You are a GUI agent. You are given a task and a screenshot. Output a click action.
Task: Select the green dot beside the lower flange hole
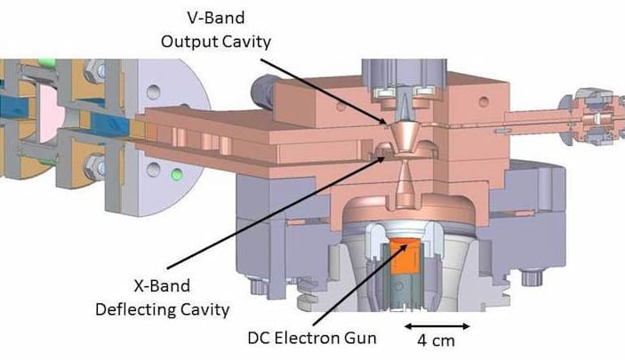tap(177, 172)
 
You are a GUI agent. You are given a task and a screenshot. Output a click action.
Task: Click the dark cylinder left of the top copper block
tap(260, 85)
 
